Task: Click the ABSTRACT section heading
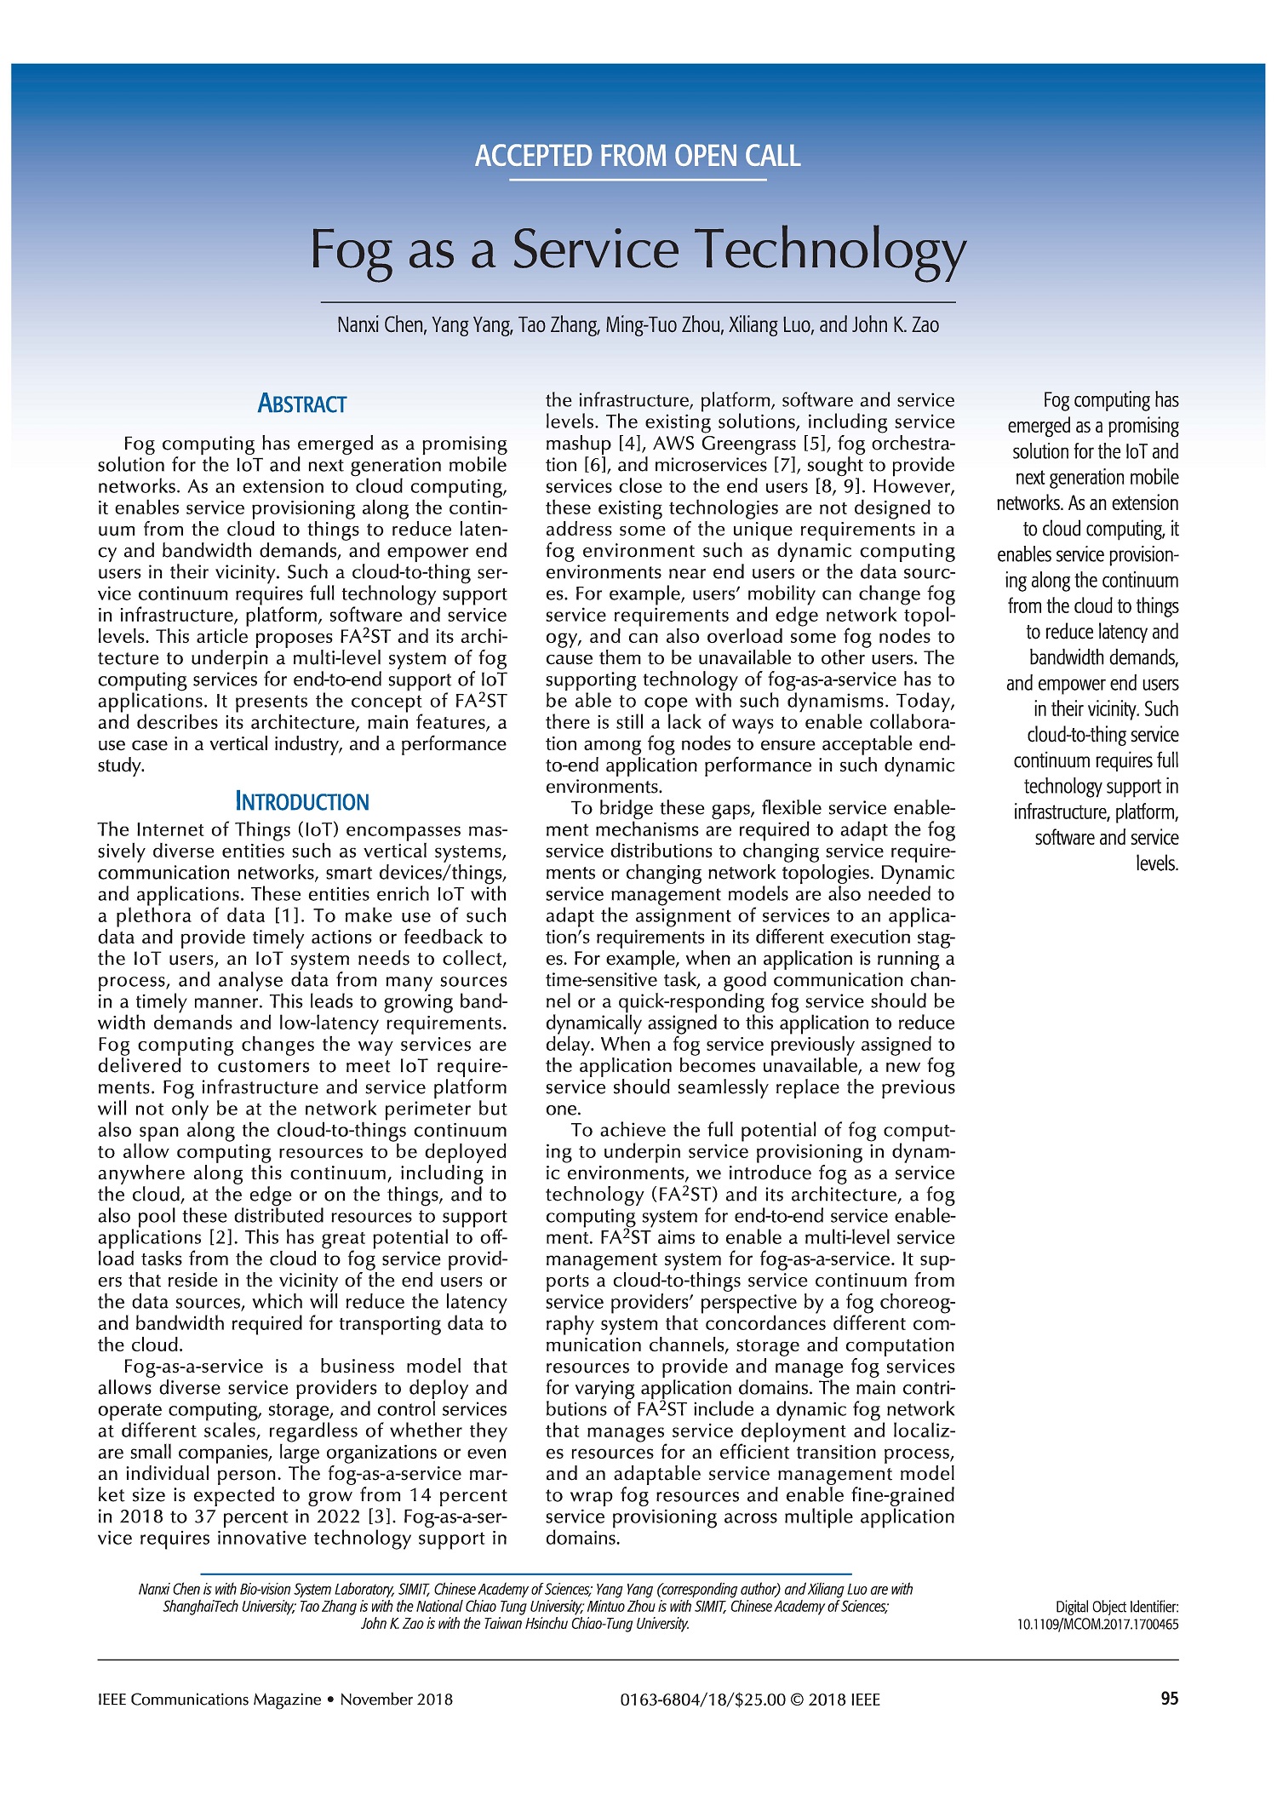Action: (302, 404)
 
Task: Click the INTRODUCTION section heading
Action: (302, 802)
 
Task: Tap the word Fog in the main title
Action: (350, 250)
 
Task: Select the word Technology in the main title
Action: (832, 250)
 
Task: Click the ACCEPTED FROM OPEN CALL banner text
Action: (638, 157)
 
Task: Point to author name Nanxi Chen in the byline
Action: (381, 325)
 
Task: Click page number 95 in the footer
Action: (1170, 1698)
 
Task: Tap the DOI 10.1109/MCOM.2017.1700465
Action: (1097, 1624)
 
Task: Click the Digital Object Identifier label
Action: (1117, 1607)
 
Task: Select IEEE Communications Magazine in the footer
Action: (209, 1700)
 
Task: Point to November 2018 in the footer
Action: (397, 1700)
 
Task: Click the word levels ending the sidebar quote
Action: (1157, 863)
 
